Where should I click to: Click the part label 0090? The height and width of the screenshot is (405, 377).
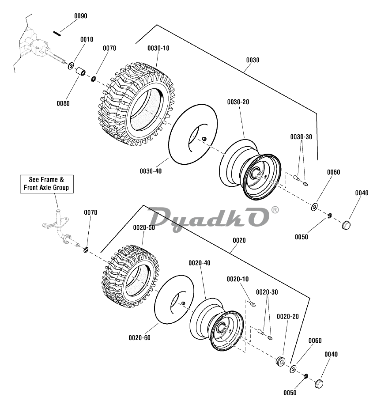coord(80,16)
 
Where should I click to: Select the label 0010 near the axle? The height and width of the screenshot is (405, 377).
coord(87,39)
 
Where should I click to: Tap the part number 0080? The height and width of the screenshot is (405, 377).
coord(63,103)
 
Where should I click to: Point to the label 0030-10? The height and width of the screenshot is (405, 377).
coord(158,48)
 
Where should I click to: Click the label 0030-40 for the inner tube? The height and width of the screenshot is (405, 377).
coord(151,170)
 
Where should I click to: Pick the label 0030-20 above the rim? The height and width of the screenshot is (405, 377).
coord(238,102)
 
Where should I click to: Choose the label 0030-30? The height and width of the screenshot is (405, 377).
coord(301,137)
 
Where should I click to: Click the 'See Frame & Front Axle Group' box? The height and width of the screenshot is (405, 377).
coord(46,184)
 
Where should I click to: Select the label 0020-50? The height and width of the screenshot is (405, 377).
coord(144,227)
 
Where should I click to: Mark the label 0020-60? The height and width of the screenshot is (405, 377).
coord(140,338)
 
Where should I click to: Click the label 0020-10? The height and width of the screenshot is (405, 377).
coord(238,279)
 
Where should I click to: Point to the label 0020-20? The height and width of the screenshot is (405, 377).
coord(288,316)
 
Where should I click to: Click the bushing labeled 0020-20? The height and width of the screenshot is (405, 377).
coord(280,361)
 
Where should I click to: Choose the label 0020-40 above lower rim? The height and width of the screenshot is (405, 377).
coord(200,263)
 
